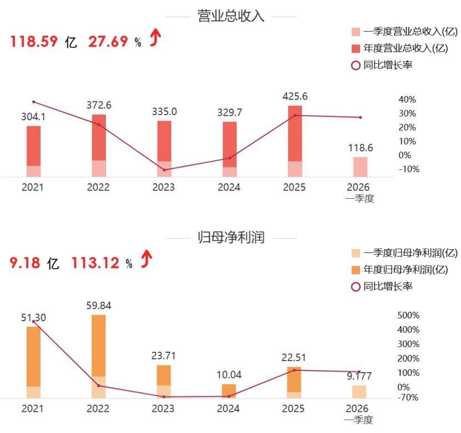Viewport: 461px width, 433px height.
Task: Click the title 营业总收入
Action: click(231, 16)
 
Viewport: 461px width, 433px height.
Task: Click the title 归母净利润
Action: click(231, 237)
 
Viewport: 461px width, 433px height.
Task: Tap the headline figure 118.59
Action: click(34, 41)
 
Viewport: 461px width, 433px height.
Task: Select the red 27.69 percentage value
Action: click(108, 41)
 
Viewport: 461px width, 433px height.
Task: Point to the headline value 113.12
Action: click(95, 262)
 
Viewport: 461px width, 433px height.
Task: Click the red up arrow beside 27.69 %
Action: click(155, 38)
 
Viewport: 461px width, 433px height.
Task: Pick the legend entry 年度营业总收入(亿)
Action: click(400, 48)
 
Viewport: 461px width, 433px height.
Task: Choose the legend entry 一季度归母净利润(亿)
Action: click(404, 253)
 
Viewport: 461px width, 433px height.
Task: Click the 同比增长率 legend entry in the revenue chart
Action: click(382, 65)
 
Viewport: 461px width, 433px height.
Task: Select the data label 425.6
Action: click(295, 96)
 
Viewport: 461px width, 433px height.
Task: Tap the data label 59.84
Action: click(99, 306)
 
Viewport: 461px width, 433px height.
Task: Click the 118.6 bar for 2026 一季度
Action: click(360, 167)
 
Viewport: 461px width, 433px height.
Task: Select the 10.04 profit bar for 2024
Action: click(229, 391)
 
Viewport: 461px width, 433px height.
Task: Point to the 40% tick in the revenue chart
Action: click(407, 100)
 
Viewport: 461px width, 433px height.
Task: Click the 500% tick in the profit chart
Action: click(408, 316)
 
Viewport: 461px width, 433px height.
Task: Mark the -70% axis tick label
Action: click(408, 398)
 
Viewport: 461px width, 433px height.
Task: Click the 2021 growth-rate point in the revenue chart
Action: click(33, 102)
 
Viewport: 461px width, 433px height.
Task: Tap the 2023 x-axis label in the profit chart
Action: click(163, 408)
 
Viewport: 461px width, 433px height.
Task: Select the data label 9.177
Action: click(359, 376)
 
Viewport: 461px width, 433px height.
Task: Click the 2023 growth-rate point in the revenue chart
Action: click(164, 170)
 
